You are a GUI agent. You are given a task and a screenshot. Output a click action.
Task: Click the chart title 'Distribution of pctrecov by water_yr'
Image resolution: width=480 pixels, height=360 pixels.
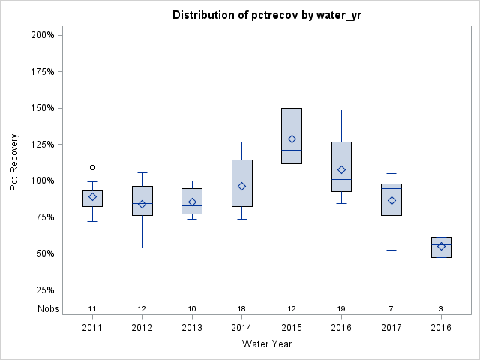pos(267,15)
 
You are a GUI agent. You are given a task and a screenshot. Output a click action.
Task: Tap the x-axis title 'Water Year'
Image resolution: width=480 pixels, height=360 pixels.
pos(267,344)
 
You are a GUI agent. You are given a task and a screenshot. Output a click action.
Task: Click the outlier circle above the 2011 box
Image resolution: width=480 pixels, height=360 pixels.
pos(92,167)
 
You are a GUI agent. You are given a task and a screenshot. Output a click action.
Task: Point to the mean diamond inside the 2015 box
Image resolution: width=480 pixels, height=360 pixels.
pos(292,139)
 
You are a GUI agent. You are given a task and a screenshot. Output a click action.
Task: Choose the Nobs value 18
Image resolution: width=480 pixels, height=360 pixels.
pos(241,308)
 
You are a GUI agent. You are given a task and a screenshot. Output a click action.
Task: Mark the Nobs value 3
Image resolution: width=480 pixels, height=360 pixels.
pos(441,308)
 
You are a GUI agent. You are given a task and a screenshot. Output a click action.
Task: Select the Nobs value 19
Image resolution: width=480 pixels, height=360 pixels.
pos(341,308)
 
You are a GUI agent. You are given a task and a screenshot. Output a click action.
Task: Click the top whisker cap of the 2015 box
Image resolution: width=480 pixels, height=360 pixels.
pos(292,67)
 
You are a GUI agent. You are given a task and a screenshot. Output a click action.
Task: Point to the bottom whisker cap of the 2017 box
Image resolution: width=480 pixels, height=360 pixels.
pos(391,250)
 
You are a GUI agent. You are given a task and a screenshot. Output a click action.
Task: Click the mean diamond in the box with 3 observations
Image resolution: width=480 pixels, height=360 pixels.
pos(441,246)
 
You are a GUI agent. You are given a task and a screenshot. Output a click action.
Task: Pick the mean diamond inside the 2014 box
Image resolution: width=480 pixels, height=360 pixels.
pos(241,186)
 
